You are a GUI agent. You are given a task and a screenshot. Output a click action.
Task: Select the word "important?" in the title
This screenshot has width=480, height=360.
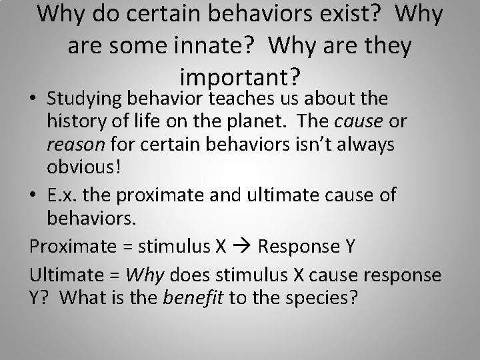pos(241,78)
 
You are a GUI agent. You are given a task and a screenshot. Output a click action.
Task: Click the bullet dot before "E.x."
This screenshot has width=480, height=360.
pos(35,195)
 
